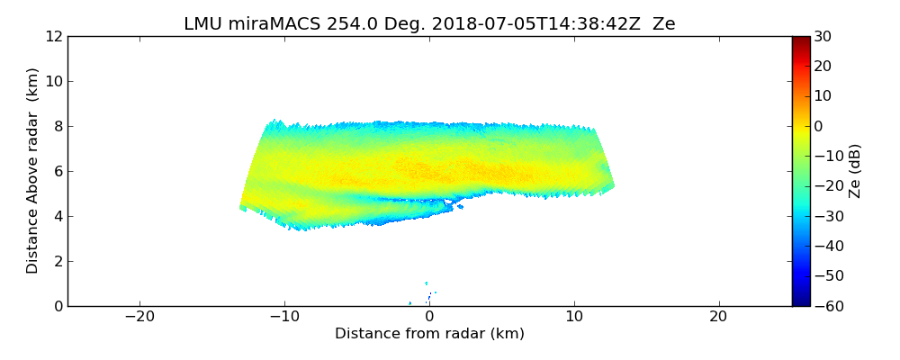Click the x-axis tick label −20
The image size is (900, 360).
tap(139, 317)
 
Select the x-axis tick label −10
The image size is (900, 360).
tap(284, 317)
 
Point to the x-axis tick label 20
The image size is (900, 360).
tap(718, 317)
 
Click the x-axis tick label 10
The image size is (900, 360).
tap(573, 317)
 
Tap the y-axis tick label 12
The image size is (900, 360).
tap(53, 36)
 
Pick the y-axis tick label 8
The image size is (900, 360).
tap(57, 126)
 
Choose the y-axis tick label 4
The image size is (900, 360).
tap(57, 216)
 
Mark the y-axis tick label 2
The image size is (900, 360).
tap(57, 261)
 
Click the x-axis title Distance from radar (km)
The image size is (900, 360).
tap(429, 334)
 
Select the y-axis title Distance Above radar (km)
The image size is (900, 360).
tap(33, 170)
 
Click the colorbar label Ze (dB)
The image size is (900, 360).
tap(855, 170)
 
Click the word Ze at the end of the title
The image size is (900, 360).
tap(663, 24)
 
